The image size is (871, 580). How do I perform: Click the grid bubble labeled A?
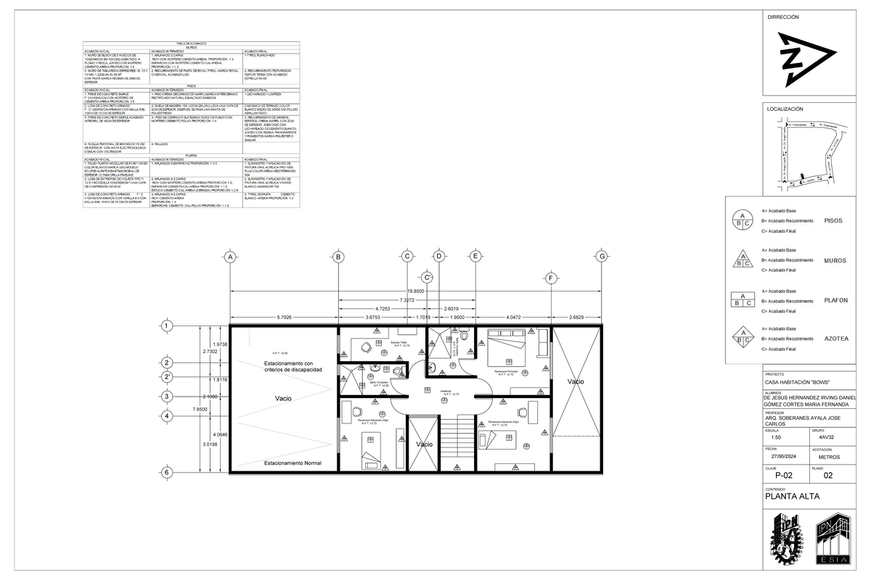pyautogui.click(x=230, y=256)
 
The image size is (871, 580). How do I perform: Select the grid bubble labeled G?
pyautogui.click(x=601, y=256)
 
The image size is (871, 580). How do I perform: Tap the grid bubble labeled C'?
pyautogui.click(x=428, y=277)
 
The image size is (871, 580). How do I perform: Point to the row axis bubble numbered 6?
pyautogui.click(x=167, y=472)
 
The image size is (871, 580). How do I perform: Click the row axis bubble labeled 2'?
pyautogui.click(x=167, y=377)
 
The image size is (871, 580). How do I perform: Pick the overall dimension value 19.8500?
pyautogui.click(x=415, y=291)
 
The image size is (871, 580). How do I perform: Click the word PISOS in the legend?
pyautogui.click(x=833, y=220)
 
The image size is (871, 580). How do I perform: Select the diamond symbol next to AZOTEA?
pyautogui.click(x=742, y=336)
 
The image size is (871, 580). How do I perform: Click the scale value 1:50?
pyautogui.click(x=776, y=437)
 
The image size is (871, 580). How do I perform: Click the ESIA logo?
pyautogui.click(x=833, y=539)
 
